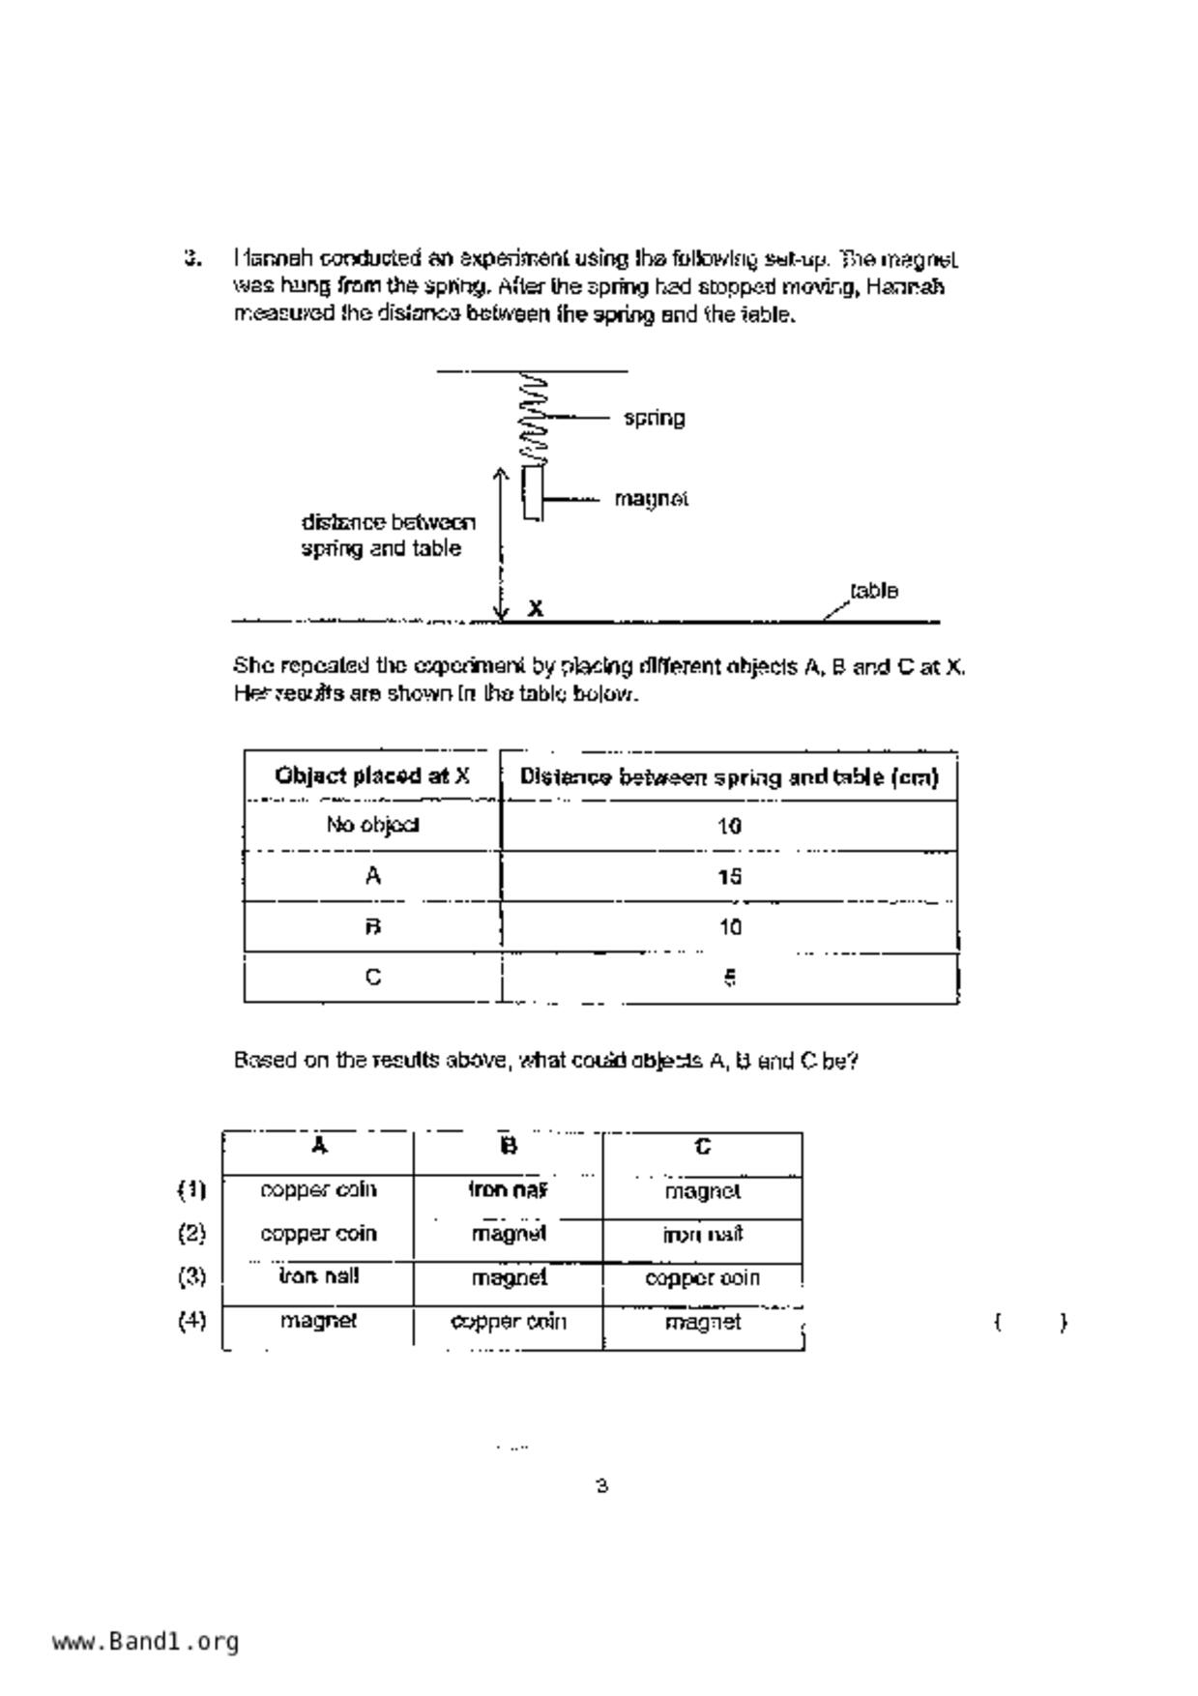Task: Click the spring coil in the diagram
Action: (533, 418)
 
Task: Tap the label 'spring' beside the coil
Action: (655, 419)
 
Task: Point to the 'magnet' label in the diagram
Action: (652, 499)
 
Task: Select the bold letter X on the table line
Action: (536, 608)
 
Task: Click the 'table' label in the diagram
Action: (874, 591)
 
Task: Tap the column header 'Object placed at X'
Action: (373, 775)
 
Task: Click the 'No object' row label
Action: (373, 825)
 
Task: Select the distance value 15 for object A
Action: (730, 876)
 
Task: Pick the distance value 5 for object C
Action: (730, 978)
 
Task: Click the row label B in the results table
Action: (373, 926)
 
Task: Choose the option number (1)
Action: (191, 1189)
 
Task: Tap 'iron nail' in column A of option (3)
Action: (318, 1276)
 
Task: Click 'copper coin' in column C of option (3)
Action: (703, 1277)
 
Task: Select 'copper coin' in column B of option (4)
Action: (509, 1321)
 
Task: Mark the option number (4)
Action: (191, 1321)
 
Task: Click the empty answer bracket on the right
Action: (1031, 1322)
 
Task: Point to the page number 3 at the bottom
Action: (601, 1485)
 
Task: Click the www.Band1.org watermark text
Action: (146, 1641)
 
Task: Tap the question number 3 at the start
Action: (192, 258)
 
